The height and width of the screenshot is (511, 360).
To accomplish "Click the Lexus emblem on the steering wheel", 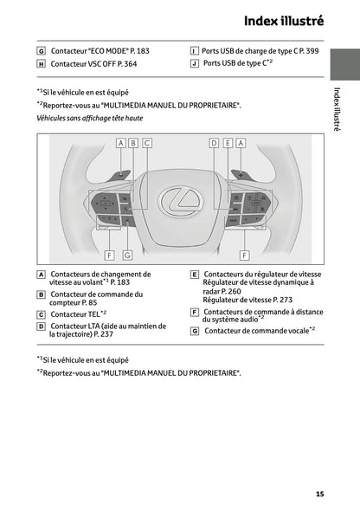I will [180, 201].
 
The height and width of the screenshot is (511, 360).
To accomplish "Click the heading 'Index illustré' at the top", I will [283, 20].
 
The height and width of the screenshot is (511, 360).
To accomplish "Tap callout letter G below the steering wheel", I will [127, 255].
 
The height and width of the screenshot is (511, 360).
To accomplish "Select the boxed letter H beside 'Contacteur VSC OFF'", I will [42, 64].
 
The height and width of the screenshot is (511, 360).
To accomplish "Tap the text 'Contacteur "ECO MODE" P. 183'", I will [100, 51].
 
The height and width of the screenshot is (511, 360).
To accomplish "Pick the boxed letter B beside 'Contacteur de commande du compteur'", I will [42, 294].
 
